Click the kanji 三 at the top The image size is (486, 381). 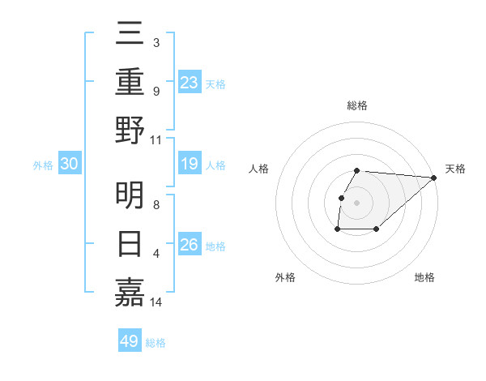click(130, 33)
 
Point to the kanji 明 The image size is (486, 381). click(130, 195)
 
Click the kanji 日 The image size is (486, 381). click(130, 243)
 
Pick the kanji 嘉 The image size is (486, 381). click(130, 291)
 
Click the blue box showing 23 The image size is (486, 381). click(190, 82)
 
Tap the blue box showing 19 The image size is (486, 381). click(190, 165)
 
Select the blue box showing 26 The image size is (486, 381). click(190, 246)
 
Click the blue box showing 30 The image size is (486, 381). click(69, 165)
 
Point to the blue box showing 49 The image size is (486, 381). click(130, 341)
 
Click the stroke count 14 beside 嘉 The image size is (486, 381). click(157, 302)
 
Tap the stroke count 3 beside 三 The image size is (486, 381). click(156, 42)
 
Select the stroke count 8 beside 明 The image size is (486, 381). click(156, 205)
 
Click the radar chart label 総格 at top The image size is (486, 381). click(357, 105)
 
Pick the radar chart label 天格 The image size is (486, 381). click(455, 169)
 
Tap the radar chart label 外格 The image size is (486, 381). click(285, 277)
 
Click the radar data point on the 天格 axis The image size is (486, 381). click(434, 178)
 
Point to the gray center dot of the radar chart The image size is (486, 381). click(357, 203)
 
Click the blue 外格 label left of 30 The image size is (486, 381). click(43, 165)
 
